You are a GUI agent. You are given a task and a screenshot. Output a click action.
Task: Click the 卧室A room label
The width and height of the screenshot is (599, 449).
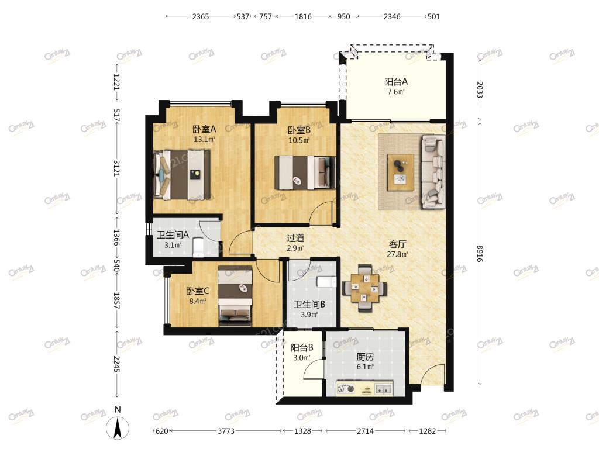204,129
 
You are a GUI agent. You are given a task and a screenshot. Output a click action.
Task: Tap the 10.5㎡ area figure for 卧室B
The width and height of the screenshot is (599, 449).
299,140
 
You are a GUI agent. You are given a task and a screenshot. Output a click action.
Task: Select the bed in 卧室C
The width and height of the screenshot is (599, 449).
235,296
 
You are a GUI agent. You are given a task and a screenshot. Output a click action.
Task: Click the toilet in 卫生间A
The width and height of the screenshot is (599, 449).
198,247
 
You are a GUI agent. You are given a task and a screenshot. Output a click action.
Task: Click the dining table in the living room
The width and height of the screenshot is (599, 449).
364,288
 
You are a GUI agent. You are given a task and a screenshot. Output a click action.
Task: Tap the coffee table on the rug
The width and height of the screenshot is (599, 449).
400,172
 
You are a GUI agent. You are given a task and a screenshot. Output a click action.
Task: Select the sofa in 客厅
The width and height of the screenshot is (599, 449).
433,172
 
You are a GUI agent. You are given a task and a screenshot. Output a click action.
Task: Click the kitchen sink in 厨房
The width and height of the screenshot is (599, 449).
383,389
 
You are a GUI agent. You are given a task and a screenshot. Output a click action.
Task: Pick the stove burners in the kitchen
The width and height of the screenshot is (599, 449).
346,389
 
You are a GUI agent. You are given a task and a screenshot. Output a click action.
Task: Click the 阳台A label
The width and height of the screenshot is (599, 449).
396,81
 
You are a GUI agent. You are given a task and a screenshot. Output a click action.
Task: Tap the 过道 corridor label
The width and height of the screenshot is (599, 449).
295,239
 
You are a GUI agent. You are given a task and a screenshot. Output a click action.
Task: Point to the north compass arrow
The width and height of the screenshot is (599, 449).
118,427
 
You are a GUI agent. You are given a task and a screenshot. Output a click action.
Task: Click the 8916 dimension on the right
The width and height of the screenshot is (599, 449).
480,253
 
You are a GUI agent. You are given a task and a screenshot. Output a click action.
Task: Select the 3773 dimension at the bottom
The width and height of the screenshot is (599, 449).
226,431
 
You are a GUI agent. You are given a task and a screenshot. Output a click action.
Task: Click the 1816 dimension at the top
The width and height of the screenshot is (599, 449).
303,16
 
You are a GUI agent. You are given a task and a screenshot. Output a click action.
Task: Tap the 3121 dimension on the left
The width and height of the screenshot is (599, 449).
116,168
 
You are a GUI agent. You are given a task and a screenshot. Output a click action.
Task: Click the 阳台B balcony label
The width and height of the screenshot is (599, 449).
302,347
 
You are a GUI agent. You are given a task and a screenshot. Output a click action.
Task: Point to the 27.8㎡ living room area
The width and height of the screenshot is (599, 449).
397,254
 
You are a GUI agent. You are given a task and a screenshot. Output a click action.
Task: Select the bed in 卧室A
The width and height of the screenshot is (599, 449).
182,174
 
